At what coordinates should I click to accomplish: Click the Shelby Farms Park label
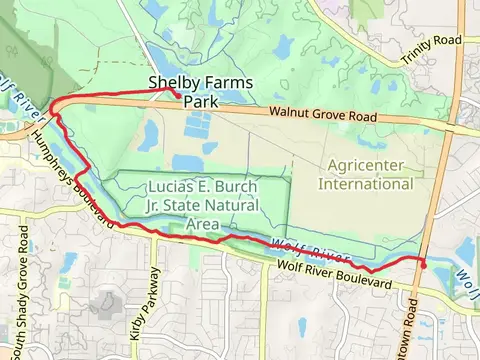click(200, 93)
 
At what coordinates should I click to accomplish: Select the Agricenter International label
click(366, 174)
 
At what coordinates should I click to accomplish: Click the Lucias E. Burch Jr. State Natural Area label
click(202, 205)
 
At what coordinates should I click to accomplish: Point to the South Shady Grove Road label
click(22, 280)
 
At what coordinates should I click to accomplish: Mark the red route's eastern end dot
click(422, 264)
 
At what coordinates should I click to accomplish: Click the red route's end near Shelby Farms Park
click(176, 95)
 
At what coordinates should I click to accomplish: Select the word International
click(366, 184)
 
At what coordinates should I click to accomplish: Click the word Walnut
click(288, 115)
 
